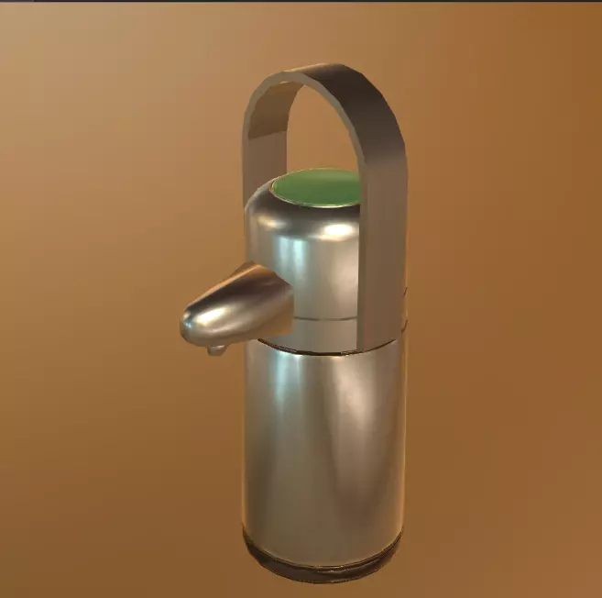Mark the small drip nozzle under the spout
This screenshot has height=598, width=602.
coord(217,349)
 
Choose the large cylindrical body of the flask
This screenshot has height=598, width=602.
coord(321,440)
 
